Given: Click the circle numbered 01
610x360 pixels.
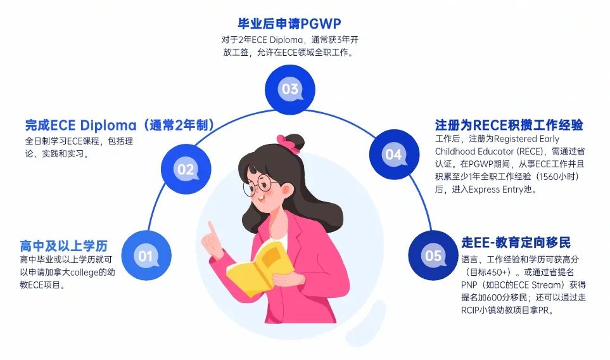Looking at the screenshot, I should point(146,255).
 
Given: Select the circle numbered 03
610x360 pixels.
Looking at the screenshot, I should point(289,89).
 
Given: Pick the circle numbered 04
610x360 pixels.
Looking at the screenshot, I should point(393,154).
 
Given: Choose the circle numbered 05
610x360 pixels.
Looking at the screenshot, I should point(433,255).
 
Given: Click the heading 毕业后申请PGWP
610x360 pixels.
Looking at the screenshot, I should point(289,24).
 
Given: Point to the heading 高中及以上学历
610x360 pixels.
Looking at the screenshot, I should point(63,245).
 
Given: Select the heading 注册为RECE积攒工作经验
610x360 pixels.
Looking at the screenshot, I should point(509,124).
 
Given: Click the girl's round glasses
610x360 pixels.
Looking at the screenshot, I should point(261,185).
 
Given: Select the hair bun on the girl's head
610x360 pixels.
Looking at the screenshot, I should point(295,139).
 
